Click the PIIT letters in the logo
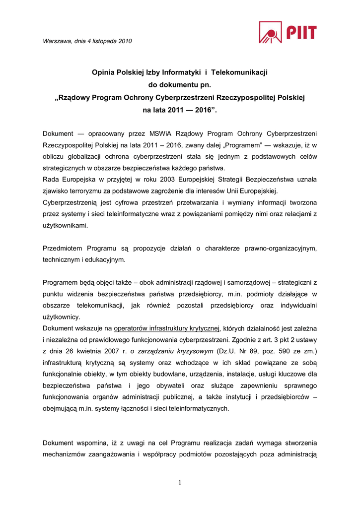coord(301,33)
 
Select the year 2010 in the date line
coord(125,42)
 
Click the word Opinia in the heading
coord(103,72)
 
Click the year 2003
coord(161,179)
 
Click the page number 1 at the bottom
coord(180,482)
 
